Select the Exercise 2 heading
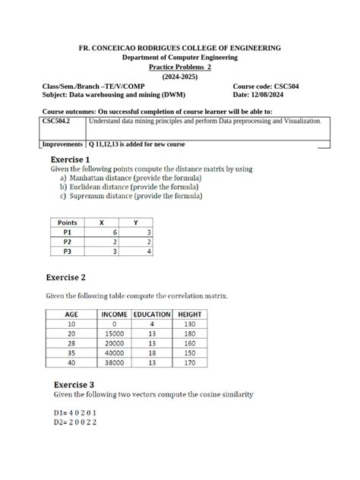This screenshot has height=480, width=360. [73, 278]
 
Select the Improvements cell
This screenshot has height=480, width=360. [63, 144]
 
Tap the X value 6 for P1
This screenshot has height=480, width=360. [115, 232]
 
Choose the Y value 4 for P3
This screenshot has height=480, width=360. [150, 251]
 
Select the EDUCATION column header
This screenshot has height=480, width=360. [151, 314]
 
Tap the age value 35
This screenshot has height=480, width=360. [71, 352]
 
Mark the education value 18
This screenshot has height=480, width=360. [152, 352]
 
